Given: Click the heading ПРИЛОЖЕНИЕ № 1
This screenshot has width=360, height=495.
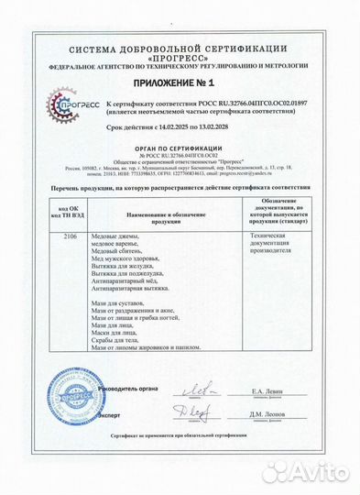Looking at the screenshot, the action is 179,82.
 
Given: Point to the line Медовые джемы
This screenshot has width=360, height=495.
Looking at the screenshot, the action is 113,236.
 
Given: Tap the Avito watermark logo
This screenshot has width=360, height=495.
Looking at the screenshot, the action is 307,472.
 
